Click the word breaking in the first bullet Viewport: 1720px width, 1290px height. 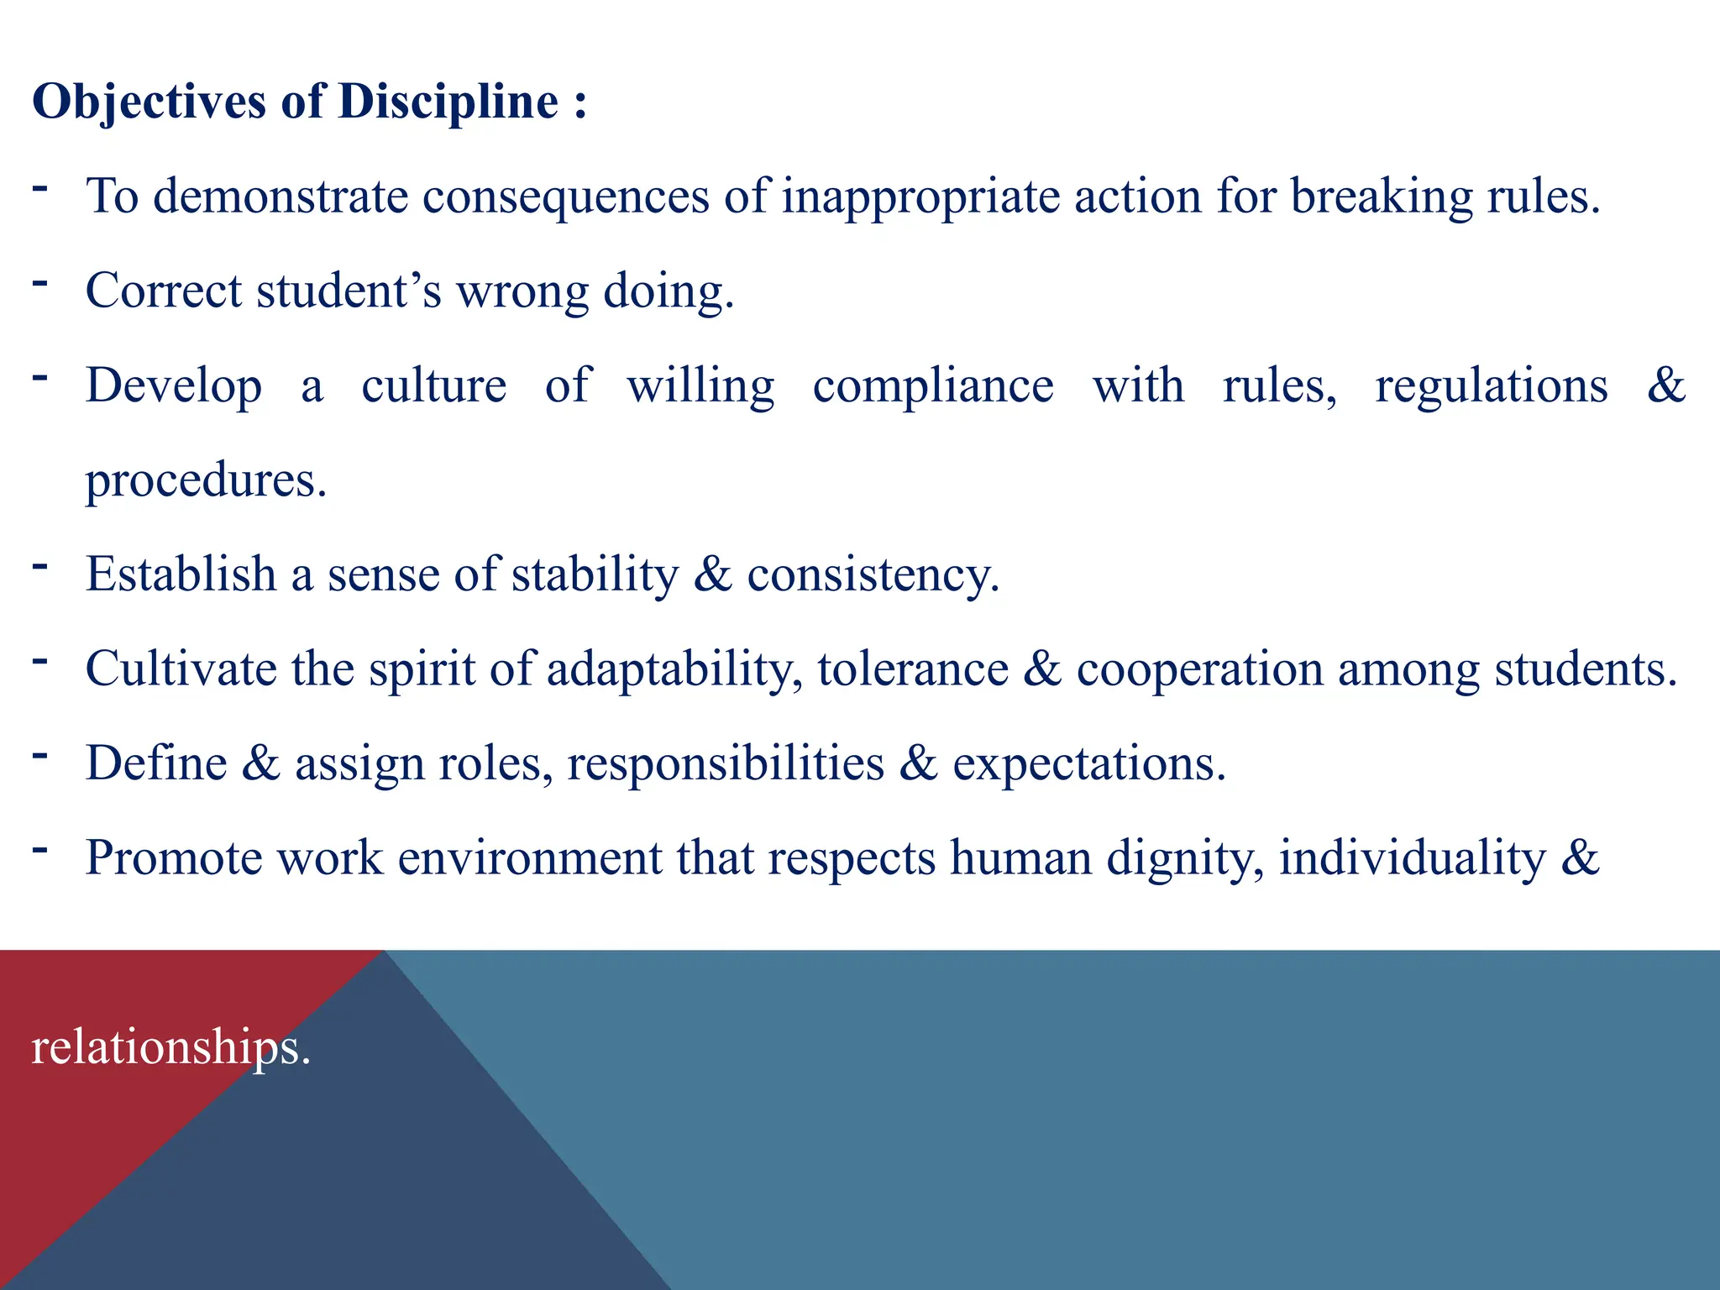1382,197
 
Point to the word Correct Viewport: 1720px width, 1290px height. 164,291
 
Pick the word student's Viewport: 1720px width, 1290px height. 349,291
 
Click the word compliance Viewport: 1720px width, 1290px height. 933,387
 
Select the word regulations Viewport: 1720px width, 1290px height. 1491,386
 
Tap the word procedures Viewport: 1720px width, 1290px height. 206,481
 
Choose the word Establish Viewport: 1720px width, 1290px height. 181,575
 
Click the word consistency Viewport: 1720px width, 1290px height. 873,576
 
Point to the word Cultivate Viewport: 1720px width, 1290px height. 181,669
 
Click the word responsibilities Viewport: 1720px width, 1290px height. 726,764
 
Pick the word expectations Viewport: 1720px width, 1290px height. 1088,764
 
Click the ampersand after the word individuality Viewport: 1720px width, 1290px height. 1581,858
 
